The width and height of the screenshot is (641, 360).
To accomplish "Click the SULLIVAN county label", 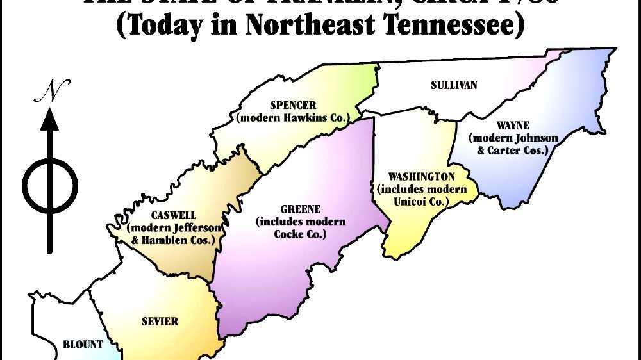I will coord(454,85).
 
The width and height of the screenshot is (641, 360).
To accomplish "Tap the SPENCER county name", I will coord(293,106).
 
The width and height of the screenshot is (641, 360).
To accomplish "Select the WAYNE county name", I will coord(512,126).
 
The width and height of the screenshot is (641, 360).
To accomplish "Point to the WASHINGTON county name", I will coord(421,177).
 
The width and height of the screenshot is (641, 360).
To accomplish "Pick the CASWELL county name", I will coord(174,215).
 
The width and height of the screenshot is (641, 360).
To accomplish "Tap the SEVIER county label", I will coord(160,321).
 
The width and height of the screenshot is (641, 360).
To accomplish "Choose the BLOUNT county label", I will coord(83,345).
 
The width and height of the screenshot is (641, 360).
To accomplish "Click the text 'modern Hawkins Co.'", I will coord(293,118).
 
